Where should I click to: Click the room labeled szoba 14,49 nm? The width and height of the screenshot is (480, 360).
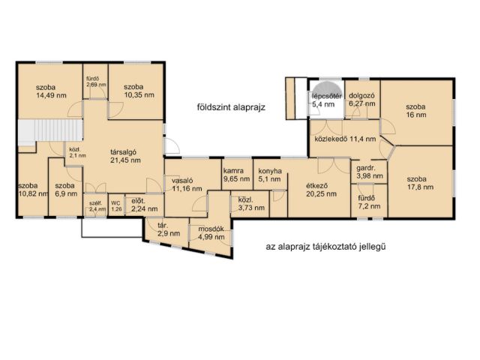[x=49, y=91]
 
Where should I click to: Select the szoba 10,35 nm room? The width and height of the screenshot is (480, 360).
[x=139, y=91]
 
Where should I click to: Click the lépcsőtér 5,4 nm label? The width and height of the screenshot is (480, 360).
[x=327, y=100]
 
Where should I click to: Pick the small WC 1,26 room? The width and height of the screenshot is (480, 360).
[x=116, y=206]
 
